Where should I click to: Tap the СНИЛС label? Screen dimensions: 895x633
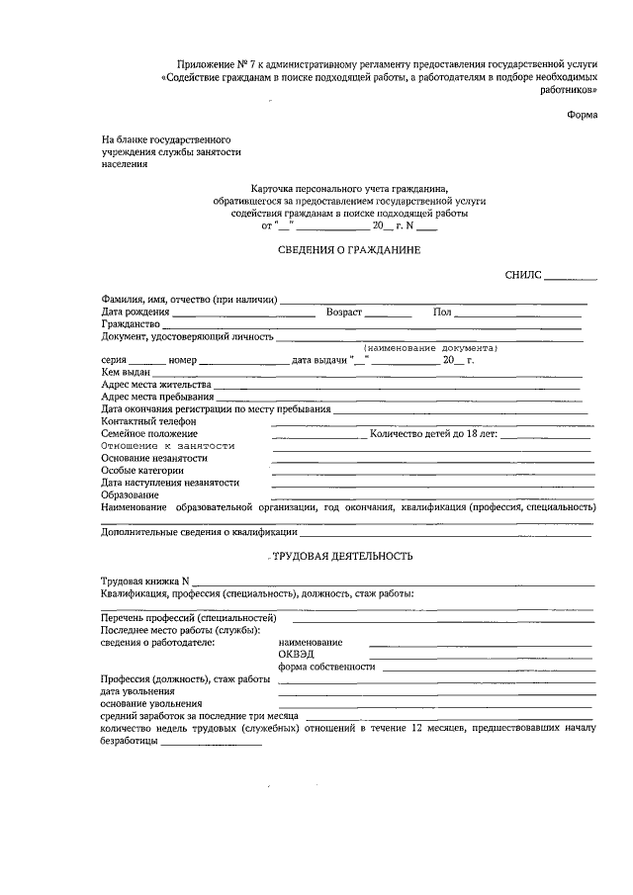(x=523, y=279)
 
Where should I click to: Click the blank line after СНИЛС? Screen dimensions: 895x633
(x=570, y=281)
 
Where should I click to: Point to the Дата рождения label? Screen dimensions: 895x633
(x=135, y=313)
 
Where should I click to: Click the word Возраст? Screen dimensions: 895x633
(x=344, y=313)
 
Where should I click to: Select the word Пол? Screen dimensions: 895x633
(x=442, y=313)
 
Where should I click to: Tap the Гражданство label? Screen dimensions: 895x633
(x=131, y=324)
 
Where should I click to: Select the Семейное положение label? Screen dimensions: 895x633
(x=148, y=433)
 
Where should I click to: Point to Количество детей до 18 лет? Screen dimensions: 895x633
(x=434, y=433)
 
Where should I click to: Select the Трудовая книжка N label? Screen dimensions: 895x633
(x=144, y=582)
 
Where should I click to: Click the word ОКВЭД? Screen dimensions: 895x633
(x=297, y=655)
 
